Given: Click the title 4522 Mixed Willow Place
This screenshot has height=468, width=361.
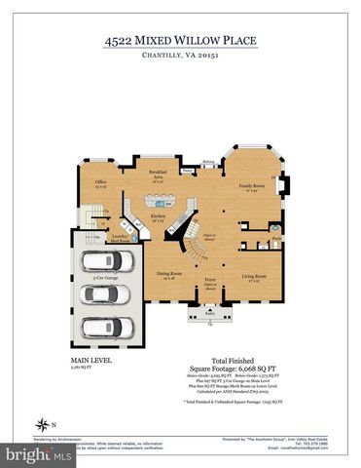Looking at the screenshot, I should click(x=180, y=41).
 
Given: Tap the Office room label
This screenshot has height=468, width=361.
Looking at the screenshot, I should click(x=100, y=182).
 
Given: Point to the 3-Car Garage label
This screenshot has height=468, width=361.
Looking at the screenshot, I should click(x=105, y=278).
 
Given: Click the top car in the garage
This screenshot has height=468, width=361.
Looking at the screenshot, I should click(x=101, y=260).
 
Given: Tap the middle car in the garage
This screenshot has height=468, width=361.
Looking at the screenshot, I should click(x=101, y=295).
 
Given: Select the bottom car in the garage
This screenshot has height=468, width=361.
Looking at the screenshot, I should click(x=101, y=327).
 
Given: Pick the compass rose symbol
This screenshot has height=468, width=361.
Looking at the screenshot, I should click(x=42, y=424).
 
